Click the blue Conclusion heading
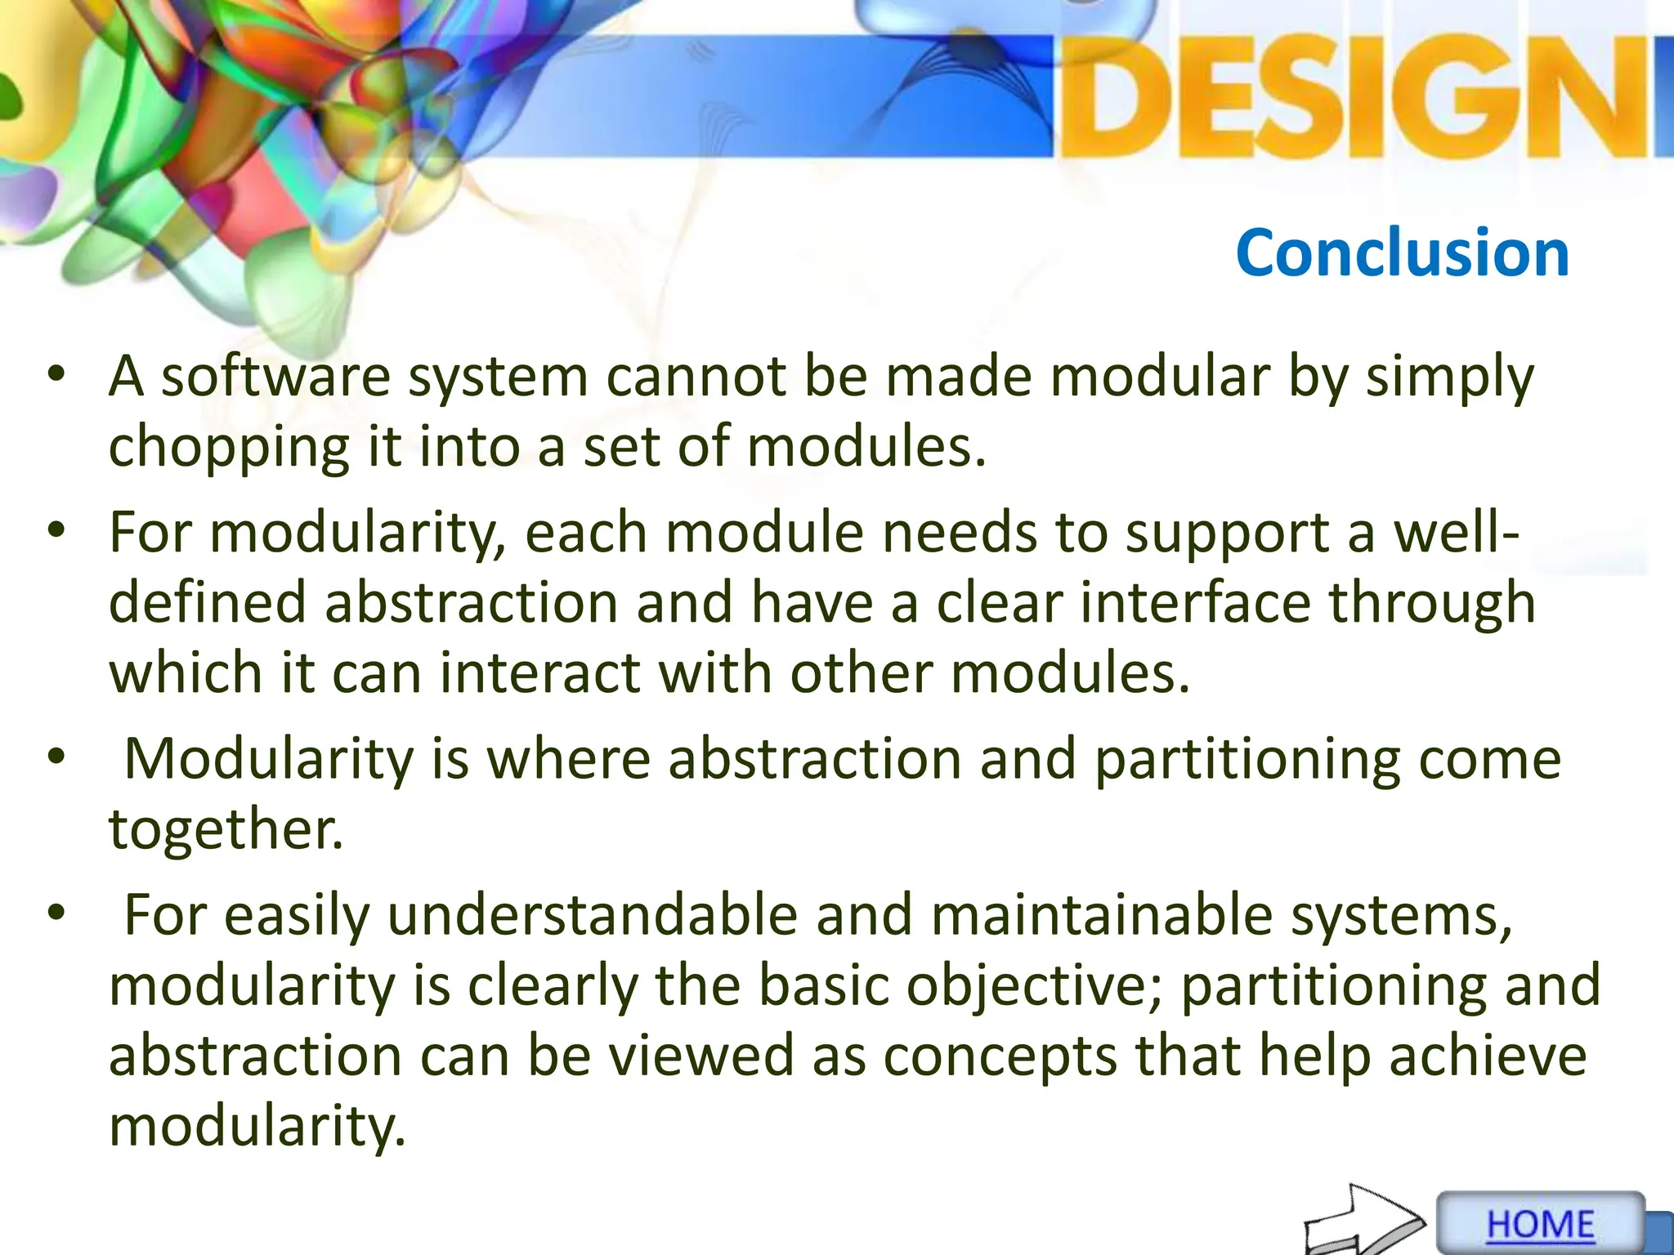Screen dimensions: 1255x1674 coord(1402,253)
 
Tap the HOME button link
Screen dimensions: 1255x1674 coord(1540,1225)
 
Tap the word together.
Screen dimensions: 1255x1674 coord(226,830)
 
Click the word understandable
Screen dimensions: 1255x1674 coord(592,915)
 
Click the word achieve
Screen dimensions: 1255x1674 coord(1488,1056)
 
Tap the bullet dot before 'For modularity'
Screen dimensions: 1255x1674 coord(56,530)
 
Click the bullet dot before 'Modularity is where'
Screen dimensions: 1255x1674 coord(56,757)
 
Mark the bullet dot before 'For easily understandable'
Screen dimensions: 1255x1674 coord(56,913)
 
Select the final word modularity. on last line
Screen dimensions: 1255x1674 coord(257,1127)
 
